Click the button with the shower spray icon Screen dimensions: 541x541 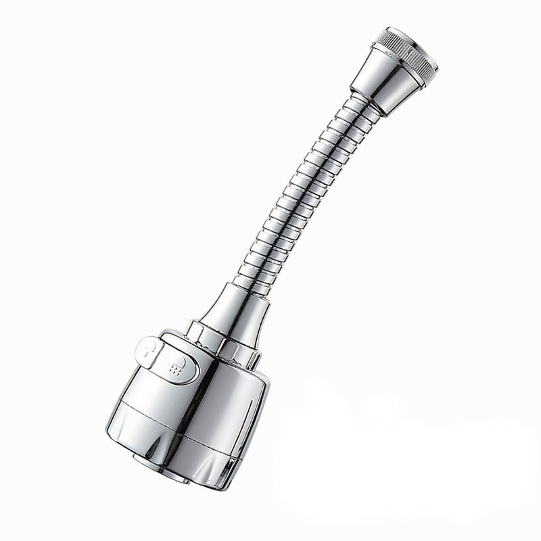pos(181,366)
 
